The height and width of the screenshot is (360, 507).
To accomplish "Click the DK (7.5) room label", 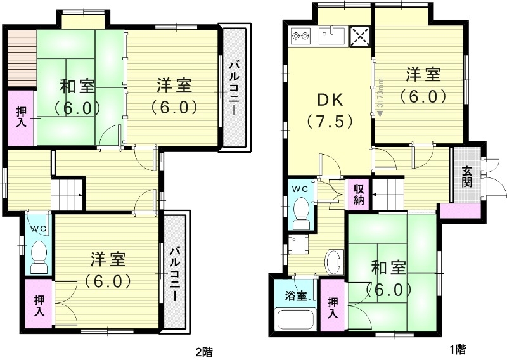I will [x=329, y=110].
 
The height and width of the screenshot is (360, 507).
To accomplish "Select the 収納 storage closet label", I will [x=358, y=193].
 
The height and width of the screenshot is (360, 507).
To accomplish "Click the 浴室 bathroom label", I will [x=295, y=296].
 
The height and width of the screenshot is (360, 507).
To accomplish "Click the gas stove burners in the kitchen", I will [x=299, y=37].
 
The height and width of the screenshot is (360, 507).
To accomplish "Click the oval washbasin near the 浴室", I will [x=333, y=260].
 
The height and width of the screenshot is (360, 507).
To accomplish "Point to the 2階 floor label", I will [x=203, y=350].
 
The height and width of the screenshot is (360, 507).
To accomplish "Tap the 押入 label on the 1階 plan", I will [x=332, y=309].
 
